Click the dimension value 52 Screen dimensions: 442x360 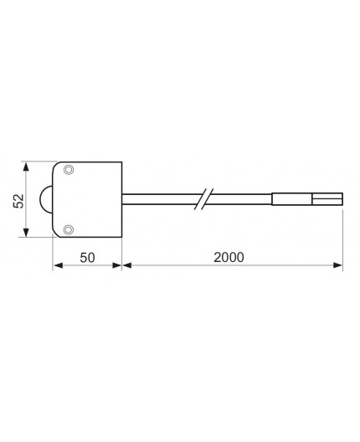[17, 201]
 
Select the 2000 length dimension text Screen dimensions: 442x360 [228, 257]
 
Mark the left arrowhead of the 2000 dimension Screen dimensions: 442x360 [127, 266]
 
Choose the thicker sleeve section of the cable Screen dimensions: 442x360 [292, 199]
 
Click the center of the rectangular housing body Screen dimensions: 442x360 [88, 200]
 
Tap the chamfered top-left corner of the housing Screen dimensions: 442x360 [56, 165]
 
